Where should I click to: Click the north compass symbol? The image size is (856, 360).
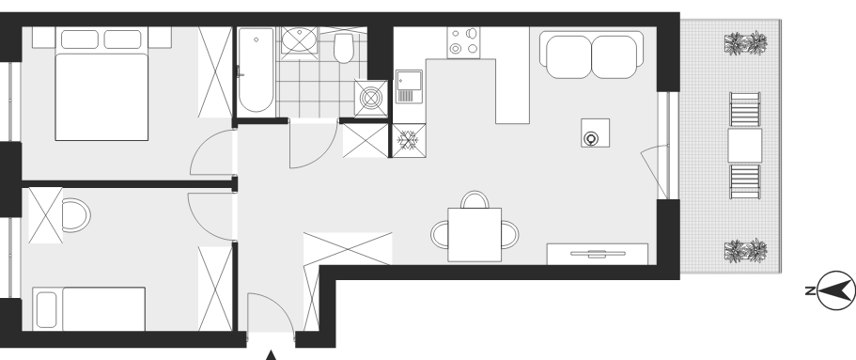[835, 290]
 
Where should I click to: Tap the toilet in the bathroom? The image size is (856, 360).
[344, 48]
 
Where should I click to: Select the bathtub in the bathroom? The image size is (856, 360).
[256, 70]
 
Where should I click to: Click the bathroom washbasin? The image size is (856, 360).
[299, 39]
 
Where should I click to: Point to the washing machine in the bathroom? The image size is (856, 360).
[370, 99]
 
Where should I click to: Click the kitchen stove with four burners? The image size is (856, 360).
[463, 42]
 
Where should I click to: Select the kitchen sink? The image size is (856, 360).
[409, 86]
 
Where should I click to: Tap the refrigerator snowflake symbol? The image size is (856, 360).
[408, 140]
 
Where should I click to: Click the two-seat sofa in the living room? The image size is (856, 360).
[592, 55]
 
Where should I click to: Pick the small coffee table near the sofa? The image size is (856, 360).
[595, 133]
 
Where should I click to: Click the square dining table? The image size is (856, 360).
[475, 234]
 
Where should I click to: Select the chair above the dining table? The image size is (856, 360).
[475, 199]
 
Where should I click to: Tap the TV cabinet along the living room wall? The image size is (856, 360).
[598, 254]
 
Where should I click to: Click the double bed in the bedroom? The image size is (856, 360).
[101, 84]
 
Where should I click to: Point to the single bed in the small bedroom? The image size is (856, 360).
[89, 308]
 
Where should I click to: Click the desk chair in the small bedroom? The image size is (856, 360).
[76, 215]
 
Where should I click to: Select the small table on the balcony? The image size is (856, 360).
[744, 146]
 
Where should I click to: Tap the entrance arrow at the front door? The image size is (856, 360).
[271, 355]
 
